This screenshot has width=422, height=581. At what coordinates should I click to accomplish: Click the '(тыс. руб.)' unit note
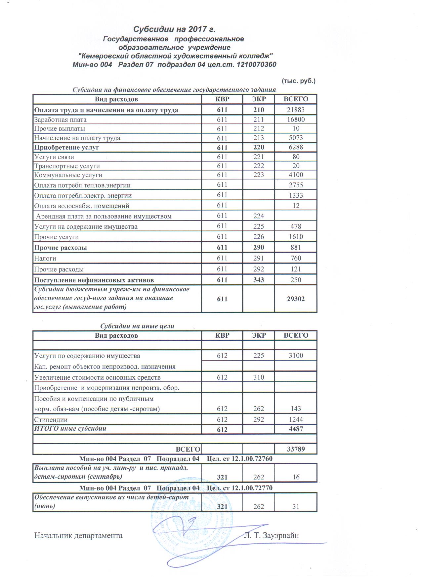(x=298, y=81)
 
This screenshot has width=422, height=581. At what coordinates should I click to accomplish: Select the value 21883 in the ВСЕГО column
(x=296, y=110)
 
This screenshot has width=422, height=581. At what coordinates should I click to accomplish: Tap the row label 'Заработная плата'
(x=61, y=120)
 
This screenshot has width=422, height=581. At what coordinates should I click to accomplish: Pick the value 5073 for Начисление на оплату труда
(x=296, y=138)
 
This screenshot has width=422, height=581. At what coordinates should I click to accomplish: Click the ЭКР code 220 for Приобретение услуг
(x=259, y=147)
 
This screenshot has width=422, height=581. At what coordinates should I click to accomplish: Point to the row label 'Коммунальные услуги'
(x=68, y=175)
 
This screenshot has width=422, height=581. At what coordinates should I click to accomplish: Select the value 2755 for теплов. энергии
(x=296, y=185)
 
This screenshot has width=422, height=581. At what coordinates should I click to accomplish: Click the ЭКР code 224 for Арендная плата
(x=259, y=216)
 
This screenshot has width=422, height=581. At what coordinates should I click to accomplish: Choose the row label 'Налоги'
(x=45, y=259)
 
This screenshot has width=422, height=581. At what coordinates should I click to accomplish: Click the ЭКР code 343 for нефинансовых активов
(x=259, y=280)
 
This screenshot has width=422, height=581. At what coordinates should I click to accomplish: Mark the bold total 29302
(x=296, y=299)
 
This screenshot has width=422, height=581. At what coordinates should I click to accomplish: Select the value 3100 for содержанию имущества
(x=296, y=356)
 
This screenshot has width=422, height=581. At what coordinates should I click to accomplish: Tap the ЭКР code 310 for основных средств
(x=259, y=377)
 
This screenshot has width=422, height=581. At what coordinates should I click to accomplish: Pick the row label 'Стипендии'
(x=51, y=420)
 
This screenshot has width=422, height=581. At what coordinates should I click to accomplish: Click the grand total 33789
(x=296, y=449)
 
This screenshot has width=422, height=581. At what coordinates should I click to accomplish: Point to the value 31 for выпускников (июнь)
(x=296, y=507)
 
